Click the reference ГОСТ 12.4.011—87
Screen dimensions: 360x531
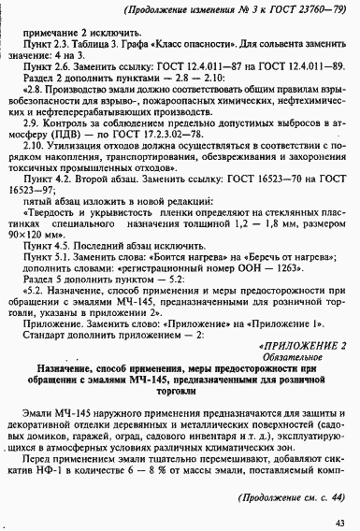click(x=182, y=68)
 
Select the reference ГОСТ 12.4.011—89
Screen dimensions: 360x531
click(x=289, y=68)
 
